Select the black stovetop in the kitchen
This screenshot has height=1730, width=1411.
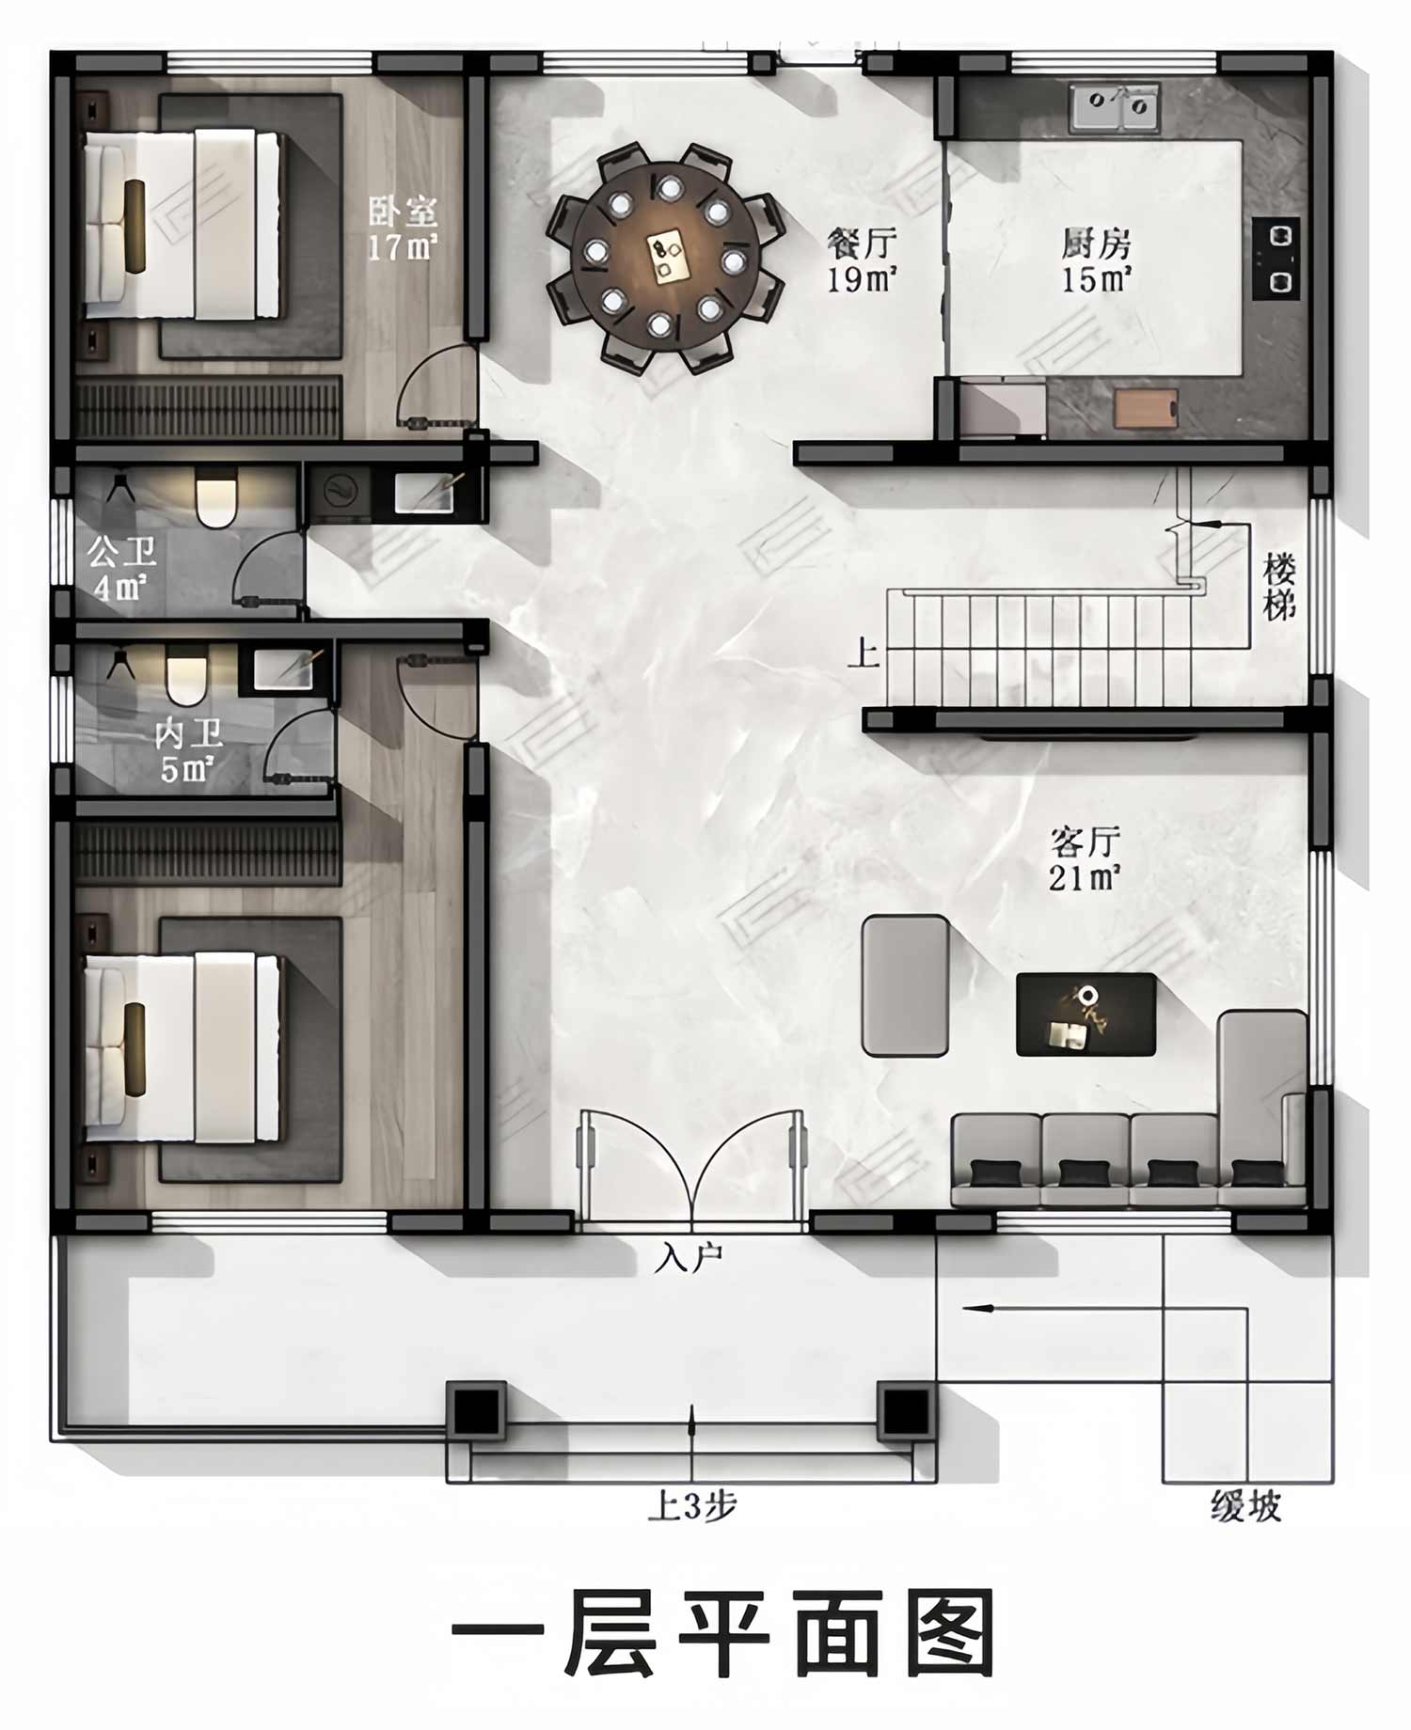click(1276, 259)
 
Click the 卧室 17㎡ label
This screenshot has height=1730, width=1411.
click(403, 228)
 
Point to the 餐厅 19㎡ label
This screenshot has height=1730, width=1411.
click(862, 260)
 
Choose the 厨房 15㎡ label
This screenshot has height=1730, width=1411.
click(1096, 260)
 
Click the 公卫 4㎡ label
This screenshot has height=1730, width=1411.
click(121, 568)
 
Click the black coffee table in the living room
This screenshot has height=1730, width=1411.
click(1086, 1014)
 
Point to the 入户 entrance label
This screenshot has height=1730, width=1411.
click(690, 1258)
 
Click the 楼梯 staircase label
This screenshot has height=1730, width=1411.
click(1279, 587)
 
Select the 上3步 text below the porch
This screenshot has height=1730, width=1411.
click(691, 1507)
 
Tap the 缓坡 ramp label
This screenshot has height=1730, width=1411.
click(1245, 1507)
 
